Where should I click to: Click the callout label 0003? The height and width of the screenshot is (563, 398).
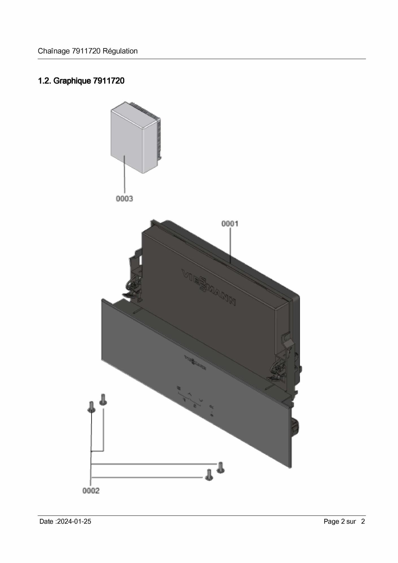click(124, 199)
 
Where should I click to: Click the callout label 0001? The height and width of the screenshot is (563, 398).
click(230, 224)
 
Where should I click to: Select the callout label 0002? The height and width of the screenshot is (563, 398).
click(91, 491)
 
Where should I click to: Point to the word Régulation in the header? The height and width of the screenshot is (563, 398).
click(120, 51)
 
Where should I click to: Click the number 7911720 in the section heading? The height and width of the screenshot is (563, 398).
click(108, 81)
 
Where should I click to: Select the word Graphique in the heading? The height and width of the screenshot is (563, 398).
click(72, 81)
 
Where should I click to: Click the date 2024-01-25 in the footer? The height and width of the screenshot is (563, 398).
click(74, 522)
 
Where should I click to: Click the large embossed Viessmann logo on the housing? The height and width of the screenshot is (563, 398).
click(209, 288)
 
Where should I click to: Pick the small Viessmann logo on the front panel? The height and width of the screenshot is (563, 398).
click(195, 362)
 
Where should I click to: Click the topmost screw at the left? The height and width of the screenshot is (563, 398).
click(103, 399)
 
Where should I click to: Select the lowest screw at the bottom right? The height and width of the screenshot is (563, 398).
click(209, 475)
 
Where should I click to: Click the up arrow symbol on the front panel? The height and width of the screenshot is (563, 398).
click(190, 394)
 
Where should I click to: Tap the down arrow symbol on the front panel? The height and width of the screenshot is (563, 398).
click(201, 400)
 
